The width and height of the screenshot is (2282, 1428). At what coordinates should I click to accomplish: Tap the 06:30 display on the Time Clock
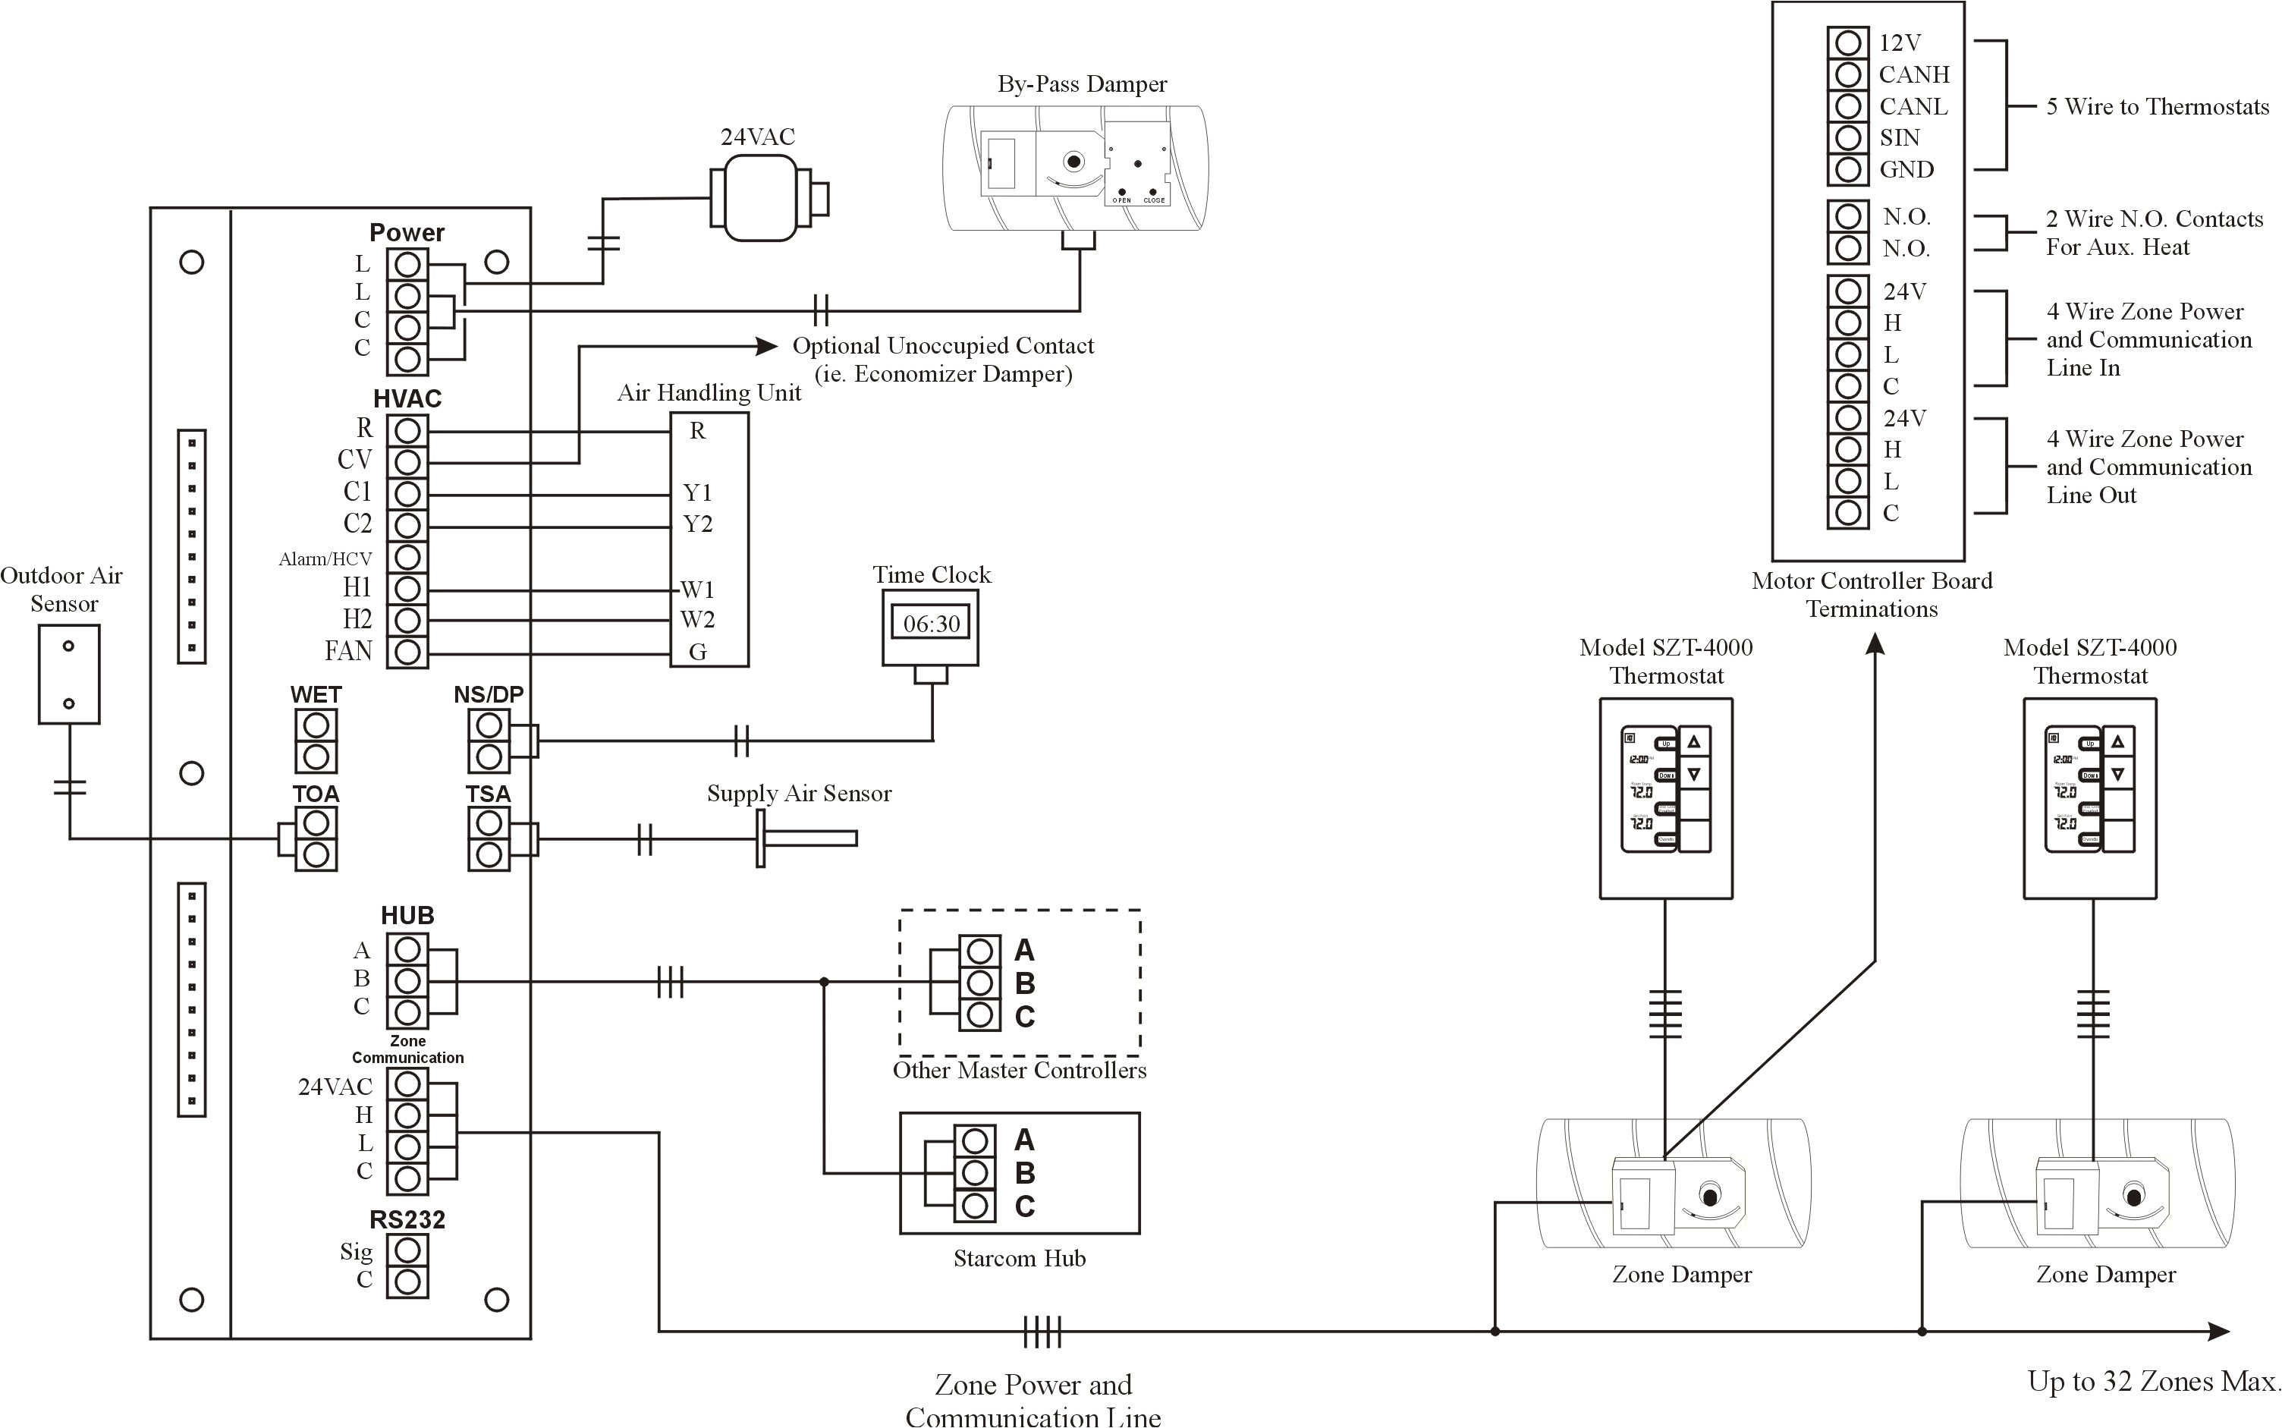click(x=931, y=624)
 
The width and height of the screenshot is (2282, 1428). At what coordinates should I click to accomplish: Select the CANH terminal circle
click(x=1848, y=74)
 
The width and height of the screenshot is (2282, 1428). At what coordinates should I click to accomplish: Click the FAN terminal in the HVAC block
click(x=407, y=652)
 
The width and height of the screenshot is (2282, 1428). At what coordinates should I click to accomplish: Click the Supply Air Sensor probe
click(x=807, y=838)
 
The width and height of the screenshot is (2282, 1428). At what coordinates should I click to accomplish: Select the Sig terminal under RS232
click(x=407, y=1250)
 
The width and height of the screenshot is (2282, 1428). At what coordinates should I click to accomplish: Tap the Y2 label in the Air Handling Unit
click(x=698, y=524)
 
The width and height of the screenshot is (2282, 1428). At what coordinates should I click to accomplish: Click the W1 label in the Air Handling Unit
click(x=698, y=590)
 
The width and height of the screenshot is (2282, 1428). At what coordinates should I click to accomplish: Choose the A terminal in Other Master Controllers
click(x=980, y=950)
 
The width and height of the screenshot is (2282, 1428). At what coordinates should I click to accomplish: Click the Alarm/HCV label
click(x=325, y=559)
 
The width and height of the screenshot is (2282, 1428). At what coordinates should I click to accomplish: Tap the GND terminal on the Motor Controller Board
click(x=1848, y=170)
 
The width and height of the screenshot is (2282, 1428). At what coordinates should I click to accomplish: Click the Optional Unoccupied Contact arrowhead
click(x=767, y=346)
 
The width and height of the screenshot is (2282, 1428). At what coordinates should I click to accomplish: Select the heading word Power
click(x=407, y=232)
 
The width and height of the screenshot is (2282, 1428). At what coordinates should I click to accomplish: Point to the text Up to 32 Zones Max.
click(x=2154, y=1382)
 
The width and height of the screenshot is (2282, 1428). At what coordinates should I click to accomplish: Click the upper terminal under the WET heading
click(x=316, y=725)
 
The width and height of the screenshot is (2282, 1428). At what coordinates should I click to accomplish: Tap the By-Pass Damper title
click(x=1082, y=84)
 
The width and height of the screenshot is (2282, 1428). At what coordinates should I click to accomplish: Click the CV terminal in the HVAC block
click(x=407, y=462)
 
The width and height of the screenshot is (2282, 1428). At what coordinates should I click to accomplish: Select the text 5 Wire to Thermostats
click(x=2156, y=107)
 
